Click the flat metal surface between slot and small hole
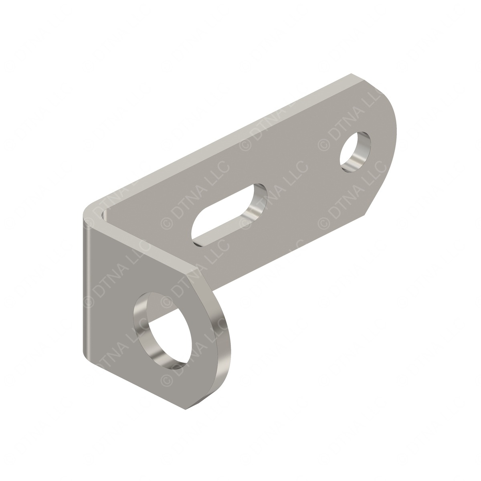coord(305,180)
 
